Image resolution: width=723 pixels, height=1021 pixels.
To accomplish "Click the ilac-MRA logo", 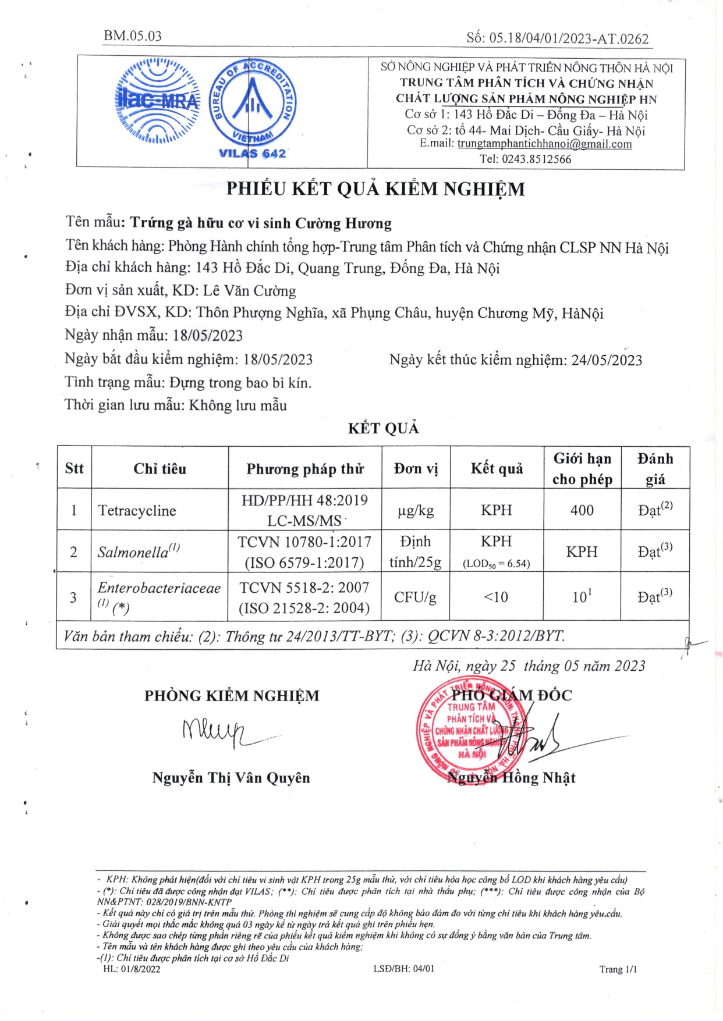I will (x=158, y=102).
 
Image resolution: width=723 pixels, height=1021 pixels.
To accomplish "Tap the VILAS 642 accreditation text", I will (x=252, y=154).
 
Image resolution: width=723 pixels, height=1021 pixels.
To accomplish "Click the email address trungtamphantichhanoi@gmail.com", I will (x=544, y=144).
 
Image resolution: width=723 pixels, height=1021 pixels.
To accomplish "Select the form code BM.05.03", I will (x=133, y=35).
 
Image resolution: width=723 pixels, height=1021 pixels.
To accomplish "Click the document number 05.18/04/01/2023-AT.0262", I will (x=569, y=39).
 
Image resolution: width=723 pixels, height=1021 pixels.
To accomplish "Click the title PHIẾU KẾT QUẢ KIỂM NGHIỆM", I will (x=375, y=189).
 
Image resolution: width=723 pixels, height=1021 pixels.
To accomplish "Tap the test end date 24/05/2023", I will (x=607, y=360).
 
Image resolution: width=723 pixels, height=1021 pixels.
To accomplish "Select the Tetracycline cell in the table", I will (x=137, y=511).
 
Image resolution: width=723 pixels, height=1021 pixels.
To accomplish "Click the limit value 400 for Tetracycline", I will (x=582, y=510).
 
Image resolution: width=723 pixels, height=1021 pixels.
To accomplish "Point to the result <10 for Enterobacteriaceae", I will (x=496, y=597).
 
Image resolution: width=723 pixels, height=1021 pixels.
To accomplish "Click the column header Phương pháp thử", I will (x=305, y=469).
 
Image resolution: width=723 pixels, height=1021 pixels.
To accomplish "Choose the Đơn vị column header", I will (x=416, y=469).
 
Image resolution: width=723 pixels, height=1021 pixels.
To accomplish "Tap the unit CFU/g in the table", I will (x=415, y=597).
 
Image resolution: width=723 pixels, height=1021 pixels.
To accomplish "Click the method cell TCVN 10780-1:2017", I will (x=304, y=542).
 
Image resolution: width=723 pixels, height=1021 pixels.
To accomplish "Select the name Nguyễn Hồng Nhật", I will (x=511, y=778).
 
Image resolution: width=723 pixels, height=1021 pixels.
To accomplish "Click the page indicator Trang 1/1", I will (x=618, y=969).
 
